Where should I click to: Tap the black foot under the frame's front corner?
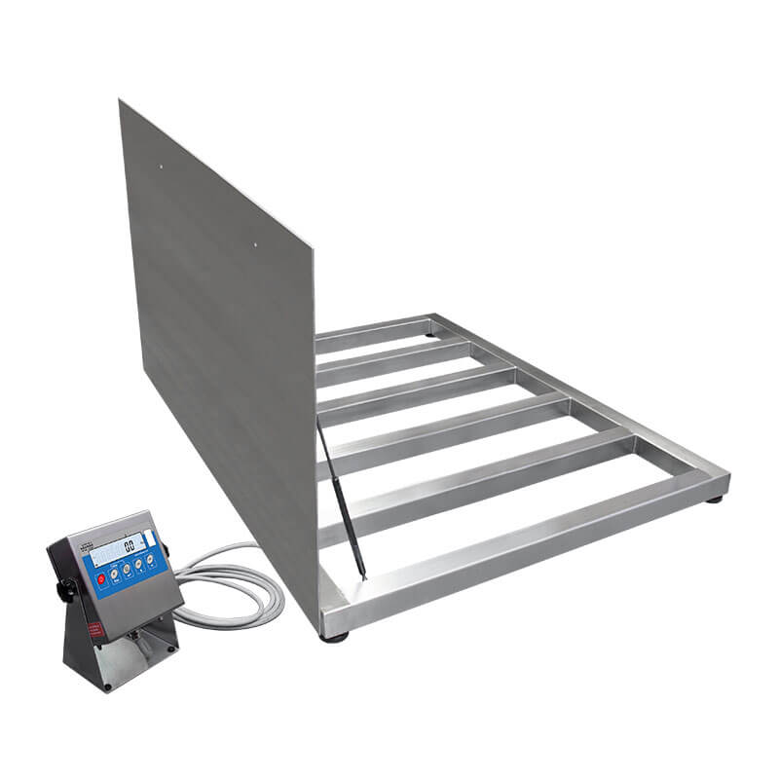[338, 637]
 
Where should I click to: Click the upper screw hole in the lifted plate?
[161, 166]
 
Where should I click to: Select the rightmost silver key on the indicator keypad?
[151, 558]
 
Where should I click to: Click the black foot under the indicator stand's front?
[108, 687]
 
